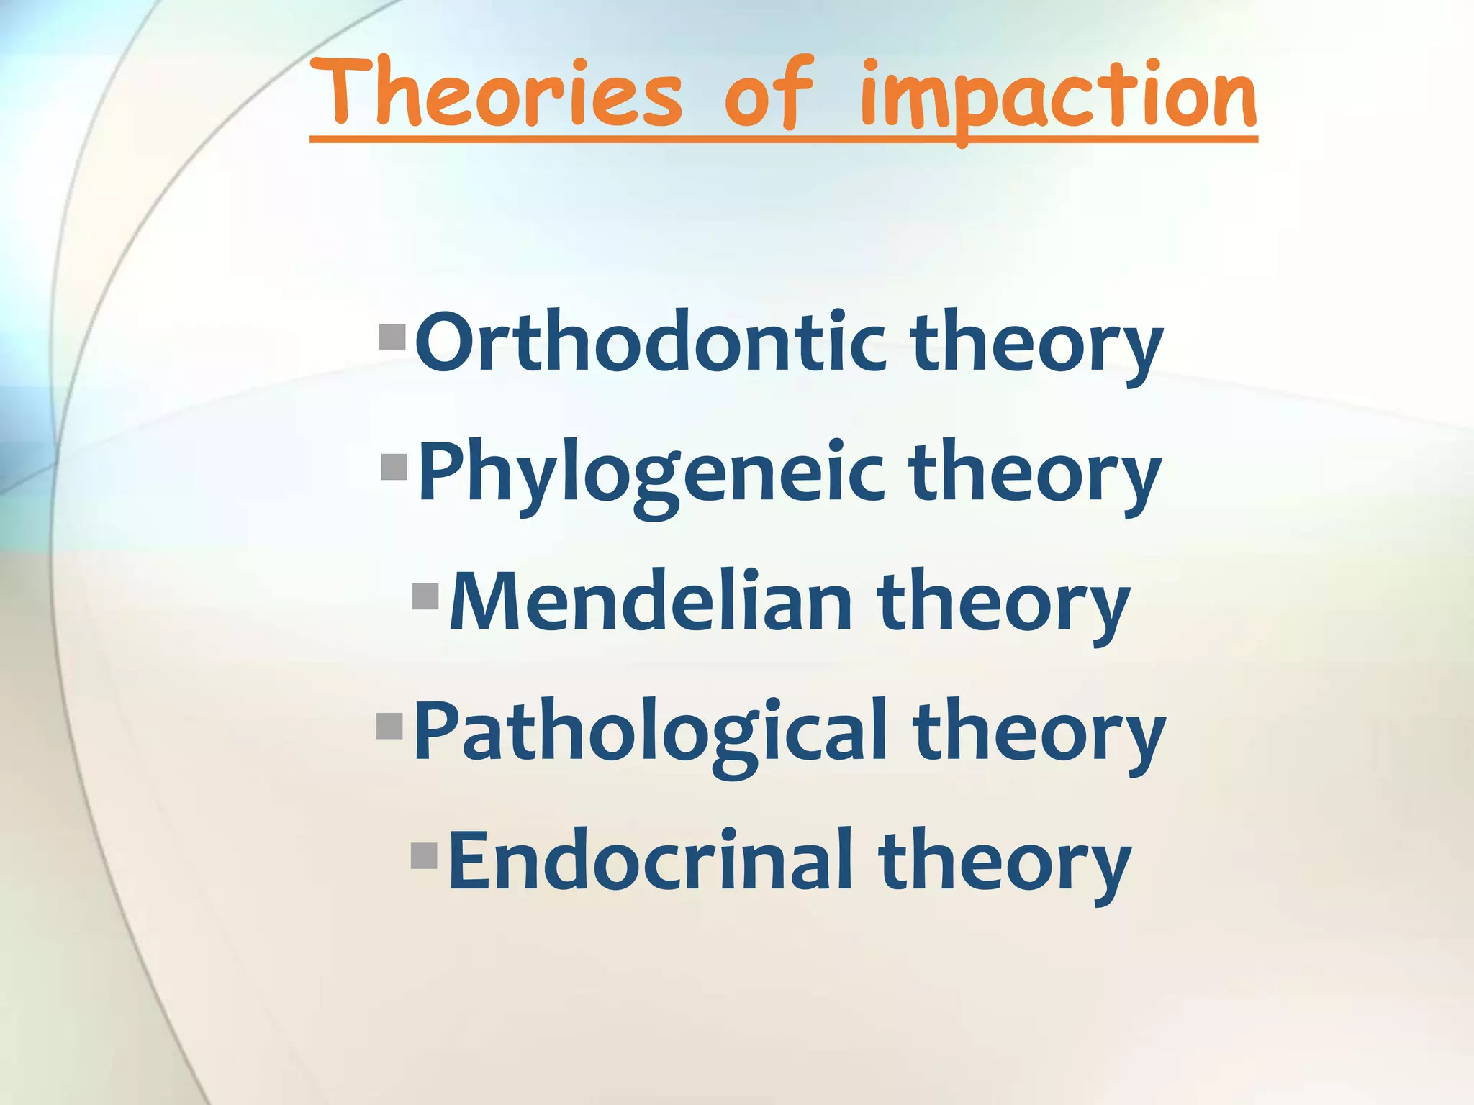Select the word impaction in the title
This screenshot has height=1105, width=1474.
(1058, 97)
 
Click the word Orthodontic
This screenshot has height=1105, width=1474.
(650, 342)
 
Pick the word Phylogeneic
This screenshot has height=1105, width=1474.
(650, 473)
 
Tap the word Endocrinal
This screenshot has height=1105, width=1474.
(650, 860)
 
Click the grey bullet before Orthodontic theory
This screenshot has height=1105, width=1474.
(393, 337)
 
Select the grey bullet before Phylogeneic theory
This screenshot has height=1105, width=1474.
(394, 467)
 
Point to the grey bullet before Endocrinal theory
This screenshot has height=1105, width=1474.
(425, 855)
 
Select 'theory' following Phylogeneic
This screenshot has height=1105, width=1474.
(1035, 475)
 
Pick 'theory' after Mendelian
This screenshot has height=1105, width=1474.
(1003, 604)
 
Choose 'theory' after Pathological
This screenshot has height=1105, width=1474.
(1039, 734)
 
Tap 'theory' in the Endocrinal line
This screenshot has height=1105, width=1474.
(1004, 863)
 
